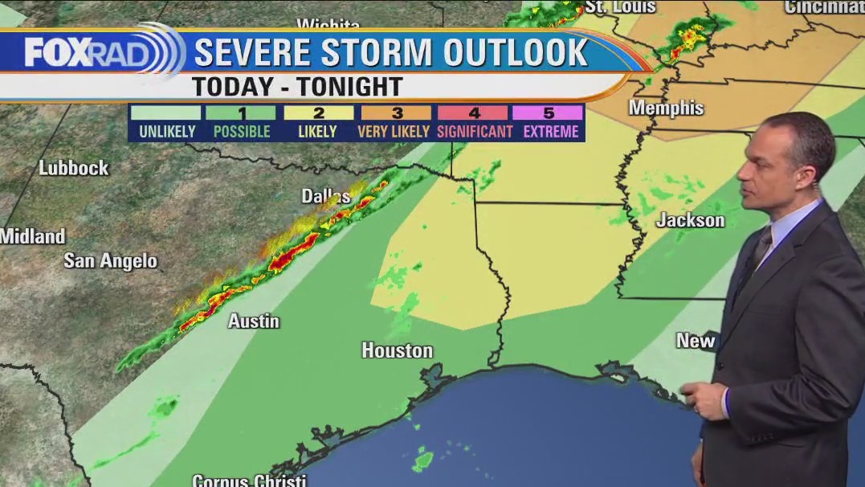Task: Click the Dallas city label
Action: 325,196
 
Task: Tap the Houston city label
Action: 397,350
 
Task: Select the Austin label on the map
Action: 254,321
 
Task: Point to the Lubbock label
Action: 74,168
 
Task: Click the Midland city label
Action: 33,236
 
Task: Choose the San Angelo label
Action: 110,261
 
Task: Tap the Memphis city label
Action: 666,108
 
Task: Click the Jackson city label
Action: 690,220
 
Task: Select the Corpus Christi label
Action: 249,481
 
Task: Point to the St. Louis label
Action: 620,6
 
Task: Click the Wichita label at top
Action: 328,24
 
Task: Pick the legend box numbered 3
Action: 394,113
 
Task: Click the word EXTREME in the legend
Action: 550,132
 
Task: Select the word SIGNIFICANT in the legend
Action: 474,132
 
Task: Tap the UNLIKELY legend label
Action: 166,132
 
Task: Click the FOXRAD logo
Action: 96,52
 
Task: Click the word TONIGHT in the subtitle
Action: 349,86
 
